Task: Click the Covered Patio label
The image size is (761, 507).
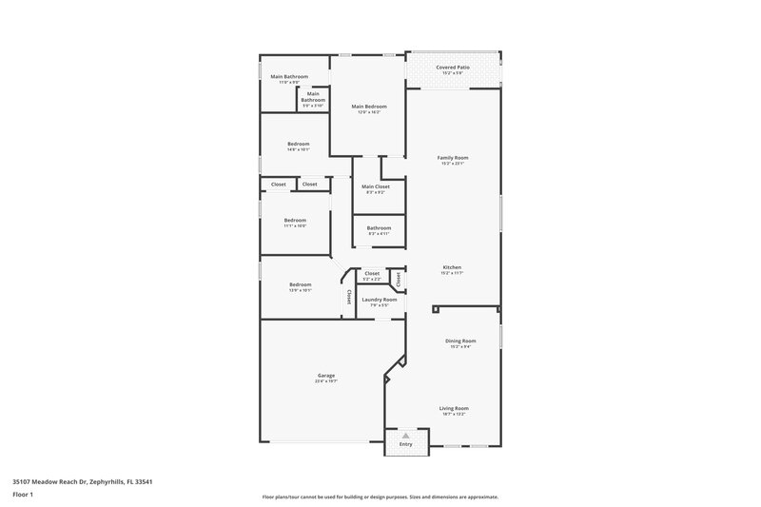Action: (x=453, y=68)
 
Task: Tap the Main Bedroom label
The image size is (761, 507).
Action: (x=368, y=106)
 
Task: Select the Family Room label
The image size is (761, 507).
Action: (x=453, y=157)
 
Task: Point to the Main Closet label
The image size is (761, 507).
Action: (x=376, y=186)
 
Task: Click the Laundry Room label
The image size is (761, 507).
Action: (x=379, y=300)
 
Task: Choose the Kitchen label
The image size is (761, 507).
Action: (x=452, y=267)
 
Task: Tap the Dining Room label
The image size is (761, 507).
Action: (x=460, y=340)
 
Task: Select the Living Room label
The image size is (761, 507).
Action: (x=455, y=408)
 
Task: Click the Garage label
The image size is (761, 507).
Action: (x=325, y=375)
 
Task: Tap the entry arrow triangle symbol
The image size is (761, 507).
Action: (x=405, y=436)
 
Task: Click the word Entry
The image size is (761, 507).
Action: (x=405, y=444)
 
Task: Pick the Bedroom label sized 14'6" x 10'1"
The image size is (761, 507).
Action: (x=299, y=144)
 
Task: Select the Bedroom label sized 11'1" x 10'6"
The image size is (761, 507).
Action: (x=295, y=220)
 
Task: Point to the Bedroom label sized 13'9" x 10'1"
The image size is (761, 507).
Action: (x=301, y=284)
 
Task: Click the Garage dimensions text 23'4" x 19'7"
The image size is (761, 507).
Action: (x=325, y=380)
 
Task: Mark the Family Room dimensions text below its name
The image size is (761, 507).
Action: (x=453, y=163)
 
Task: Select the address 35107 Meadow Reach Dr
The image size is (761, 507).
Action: (x=51, y=481)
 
